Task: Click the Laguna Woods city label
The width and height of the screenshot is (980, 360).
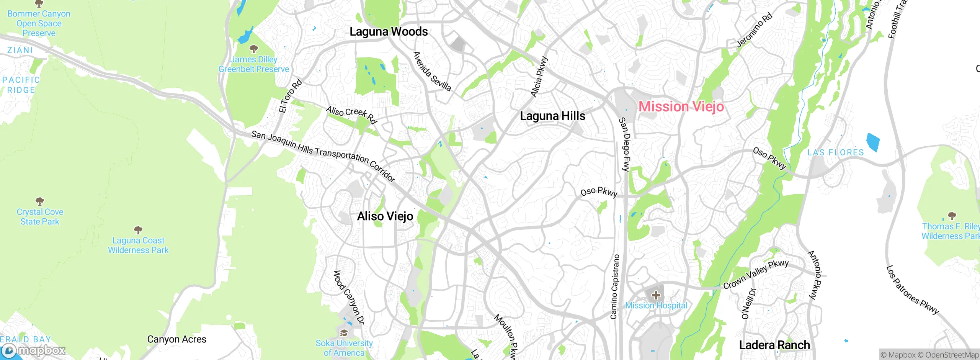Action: point(389,31)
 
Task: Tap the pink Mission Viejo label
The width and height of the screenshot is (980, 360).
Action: point(681,106)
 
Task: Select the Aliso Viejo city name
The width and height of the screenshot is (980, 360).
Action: point(385,216)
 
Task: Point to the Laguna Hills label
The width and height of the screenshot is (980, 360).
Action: point(552,116)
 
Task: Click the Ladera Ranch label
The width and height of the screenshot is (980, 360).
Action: point(774,345)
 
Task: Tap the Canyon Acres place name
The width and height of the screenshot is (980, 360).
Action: point(176,339)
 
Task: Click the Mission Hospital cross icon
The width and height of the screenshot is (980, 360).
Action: point(656,295)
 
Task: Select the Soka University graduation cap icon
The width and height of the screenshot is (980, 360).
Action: point(344,333)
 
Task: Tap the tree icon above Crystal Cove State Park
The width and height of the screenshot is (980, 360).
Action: point(40,201)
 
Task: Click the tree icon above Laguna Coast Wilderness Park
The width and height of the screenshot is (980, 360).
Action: point(138,230)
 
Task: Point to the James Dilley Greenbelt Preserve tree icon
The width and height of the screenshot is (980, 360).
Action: point(253,49)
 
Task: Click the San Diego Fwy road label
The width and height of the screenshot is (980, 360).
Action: point(624,144)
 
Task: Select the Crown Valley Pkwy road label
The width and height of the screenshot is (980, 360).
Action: point(756,274)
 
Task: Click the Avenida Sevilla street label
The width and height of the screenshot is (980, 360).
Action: point(432,71)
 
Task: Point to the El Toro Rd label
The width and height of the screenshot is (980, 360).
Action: point(291,96)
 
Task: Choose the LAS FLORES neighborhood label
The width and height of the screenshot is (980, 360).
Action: point(835,152)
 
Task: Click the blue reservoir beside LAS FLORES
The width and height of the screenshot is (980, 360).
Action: point(873,142)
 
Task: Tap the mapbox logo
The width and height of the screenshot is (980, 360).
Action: point(34,350)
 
